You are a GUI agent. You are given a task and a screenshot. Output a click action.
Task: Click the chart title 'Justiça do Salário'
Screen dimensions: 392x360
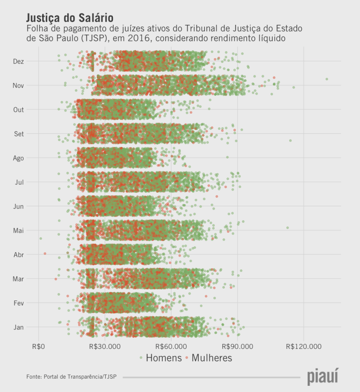[x=70, y=18]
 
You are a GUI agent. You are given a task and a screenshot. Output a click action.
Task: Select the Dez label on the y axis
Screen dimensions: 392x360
[x=19, y=61]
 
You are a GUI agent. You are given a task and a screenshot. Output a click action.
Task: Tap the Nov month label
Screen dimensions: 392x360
[x=19, y=85]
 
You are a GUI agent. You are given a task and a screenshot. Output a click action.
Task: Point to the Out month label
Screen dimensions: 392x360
[x=19, y=110]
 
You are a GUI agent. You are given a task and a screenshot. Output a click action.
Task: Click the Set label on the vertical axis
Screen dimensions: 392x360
[x=19, y=134]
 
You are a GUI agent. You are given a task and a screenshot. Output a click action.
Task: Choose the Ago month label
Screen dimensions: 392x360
[x=19, y=158]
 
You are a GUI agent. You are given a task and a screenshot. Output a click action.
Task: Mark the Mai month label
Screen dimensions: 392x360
[x=19, y=230]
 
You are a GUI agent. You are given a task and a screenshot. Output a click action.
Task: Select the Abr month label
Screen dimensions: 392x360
[x=19, y=255]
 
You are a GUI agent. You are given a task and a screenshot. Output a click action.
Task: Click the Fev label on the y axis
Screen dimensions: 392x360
[x=19, y=303]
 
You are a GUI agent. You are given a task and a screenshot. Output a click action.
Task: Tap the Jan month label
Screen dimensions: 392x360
[x=19, y=327]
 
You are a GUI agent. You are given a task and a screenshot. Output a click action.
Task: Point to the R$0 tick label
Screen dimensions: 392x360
[x=39, y=346]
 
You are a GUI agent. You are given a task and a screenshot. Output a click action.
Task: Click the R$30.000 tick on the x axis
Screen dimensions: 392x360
[x=105, y=346]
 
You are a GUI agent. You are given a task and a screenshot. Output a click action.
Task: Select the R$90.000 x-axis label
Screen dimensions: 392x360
[x=237, y=346]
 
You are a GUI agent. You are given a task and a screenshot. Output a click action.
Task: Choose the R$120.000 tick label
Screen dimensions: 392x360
[x=304, y=346]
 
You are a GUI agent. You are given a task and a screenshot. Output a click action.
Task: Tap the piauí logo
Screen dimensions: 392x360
[x=322, y=376]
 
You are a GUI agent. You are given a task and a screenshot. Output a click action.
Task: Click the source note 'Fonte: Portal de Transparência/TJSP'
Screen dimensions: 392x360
[x=72, y=377]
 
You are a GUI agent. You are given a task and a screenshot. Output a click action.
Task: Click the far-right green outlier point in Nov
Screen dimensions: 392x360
[x=327, y=79]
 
